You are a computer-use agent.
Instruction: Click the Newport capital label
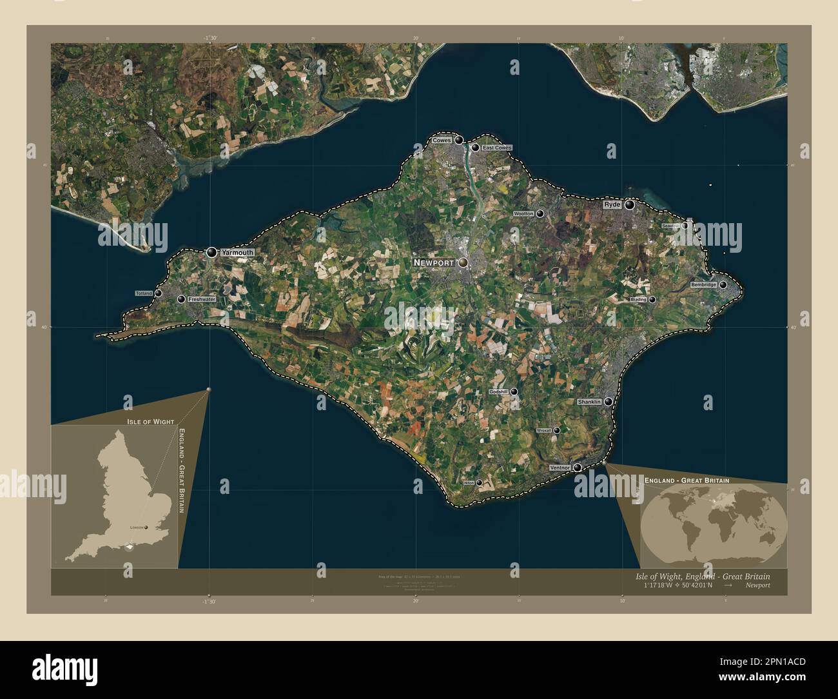tap(435, 262)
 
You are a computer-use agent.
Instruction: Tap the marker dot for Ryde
tap(629, 204)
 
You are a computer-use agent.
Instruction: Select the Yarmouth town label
tap(237, 253)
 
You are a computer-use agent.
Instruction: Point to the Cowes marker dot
tap(459, 140)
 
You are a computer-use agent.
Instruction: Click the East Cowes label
tap(496, 148)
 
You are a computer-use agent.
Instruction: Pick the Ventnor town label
tap(560, 468)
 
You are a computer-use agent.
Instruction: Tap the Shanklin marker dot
tap(608, 402)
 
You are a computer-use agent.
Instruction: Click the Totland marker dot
tap(158, 293)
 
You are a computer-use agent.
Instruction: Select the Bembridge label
tap(703, 284)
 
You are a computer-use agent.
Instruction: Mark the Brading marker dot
tap(652, 299)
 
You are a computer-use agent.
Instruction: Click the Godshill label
tap(498, 391)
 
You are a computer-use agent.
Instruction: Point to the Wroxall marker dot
tap(556, 430)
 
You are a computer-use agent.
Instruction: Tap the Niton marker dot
tap(479, 482)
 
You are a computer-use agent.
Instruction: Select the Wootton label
tap(523, 213)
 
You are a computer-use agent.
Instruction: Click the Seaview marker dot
tap(685, 226)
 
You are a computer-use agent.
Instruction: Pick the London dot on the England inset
tap(146, 527)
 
